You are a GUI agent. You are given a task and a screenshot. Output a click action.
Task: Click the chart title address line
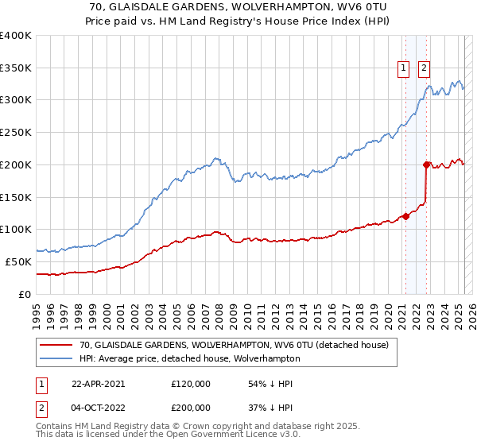(238, 6)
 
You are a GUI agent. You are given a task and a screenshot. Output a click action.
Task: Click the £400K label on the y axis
(16, 36)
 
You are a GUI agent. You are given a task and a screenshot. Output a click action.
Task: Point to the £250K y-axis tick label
(16, 133)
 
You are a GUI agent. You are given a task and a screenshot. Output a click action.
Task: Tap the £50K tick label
(19, 261)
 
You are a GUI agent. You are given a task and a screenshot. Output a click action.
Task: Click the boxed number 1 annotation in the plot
(404, 68)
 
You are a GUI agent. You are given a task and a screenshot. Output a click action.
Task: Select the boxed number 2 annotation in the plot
(425, 68)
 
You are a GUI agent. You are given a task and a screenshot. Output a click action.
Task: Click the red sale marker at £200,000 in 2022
(426, 165)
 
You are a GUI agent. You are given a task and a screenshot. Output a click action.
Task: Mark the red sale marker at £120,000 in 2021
(405, 215)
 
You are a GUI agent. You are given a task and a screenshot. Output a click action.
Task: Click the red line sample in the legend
(56, 345)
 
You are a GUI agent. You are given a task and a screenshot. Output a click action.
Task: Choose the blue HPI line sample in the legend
(56, 358)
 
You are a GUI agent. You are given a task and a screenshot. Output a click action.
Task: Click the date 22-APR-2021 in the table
(98, 384)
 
